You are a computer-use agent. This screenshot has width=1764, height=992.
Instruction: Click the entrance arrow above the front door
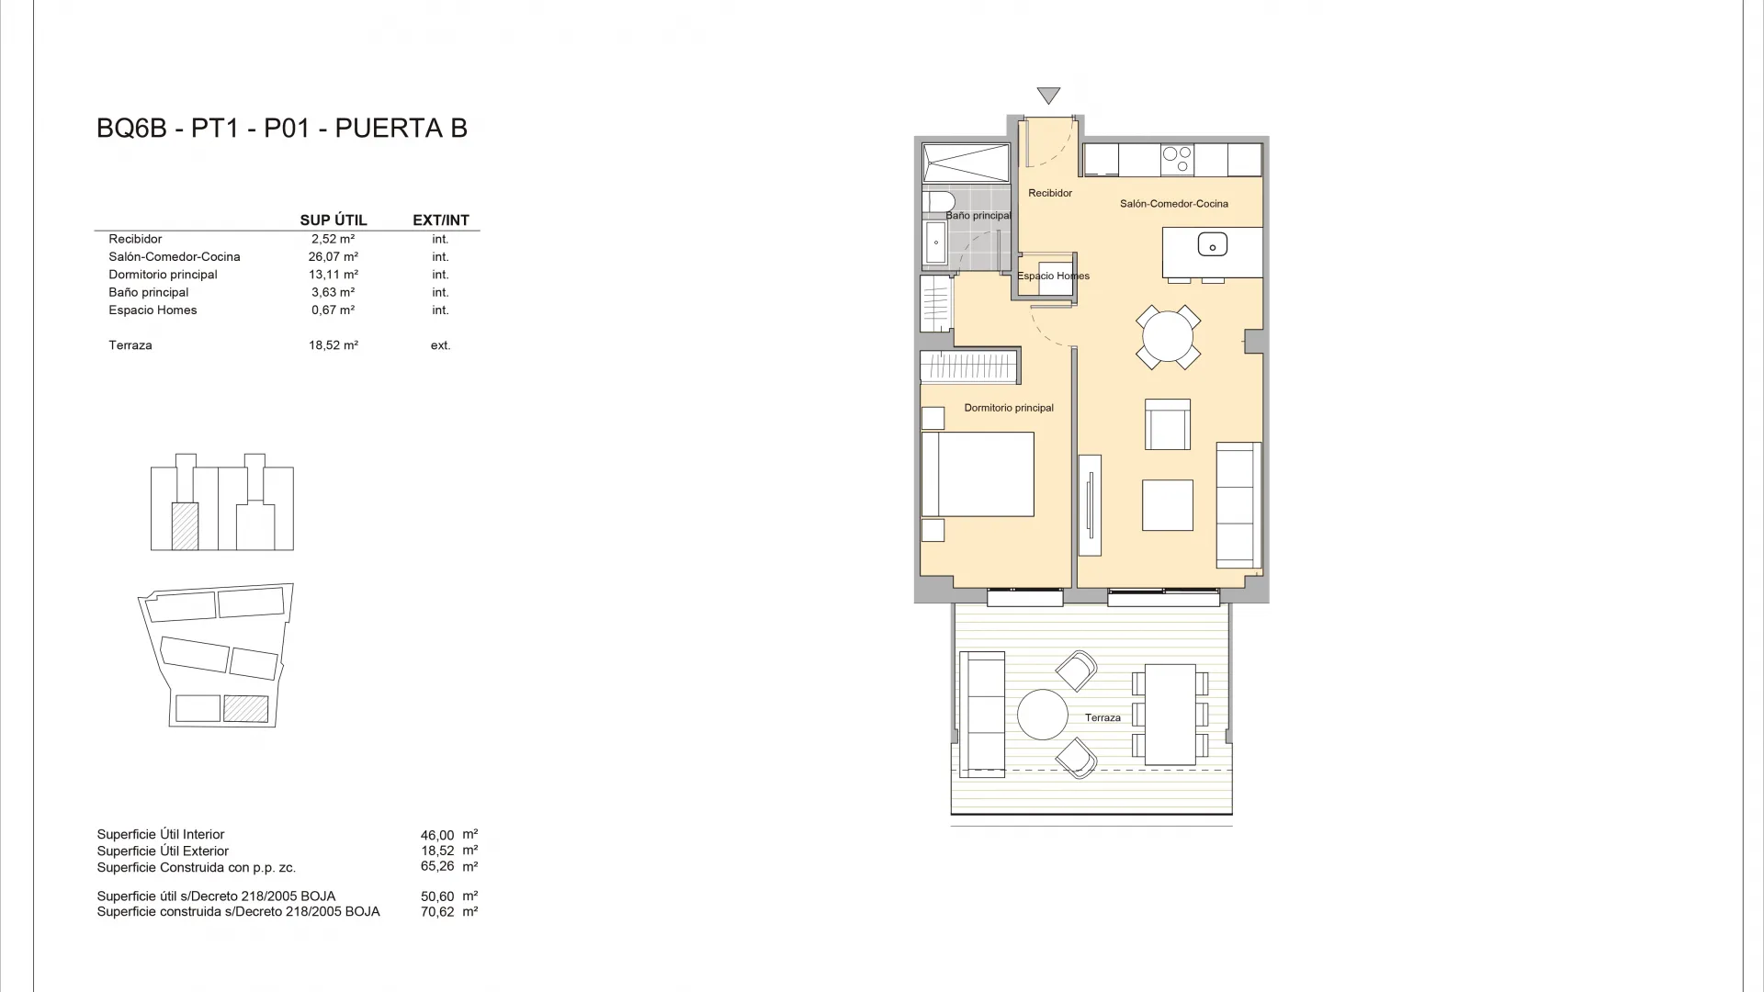coord(1048,95)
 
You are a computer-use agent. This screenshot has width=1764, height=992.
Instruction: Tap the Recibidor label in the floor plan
coord(1050,193)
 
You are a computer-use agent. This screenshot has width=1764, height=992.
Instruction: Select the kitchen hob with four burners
coord(1177,160)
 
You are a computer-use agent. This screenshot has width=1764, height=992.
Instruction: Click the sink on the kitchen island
coord(1212,245)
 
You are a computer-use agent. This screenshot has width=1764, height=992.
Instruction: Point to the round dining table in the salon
coord(1168,337)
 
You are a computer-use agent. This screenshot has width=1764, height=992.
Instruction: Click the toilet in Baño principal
coord(939,201)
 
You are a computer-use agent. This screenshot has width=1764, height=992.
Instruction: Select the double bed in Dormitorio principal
coord(978,474)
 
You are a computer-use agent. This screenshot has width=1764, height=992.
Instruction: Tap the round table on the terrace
coord(1043,714)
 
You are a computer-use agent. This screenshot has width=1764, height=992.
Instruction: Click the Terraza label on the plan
coord(1102,717)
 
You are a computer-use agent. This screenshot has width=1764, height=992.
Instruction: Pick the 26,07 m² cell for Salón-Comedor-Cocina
coord(334,257)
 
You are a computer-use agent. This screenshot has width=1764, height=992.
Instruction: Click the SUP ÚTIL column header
coord(334,220)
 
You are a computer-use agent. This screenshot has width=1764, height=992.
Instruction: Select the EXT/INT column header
coord(441,220)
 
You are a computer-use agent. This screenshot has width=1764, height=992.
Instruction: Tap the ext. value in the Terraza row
coord(440,345)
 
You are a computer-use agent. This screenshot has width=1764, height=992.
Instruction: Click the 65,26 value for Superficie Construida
coord(437,866)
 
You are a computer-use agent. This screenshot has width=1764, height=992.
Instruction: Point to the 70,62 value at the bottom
coord(437,912)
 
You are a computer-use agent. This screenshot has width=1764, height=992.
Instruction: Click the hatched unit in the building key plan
coord(185,526)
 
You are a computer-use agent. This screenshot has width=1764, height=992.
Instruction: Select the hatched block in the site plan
coord(246,708)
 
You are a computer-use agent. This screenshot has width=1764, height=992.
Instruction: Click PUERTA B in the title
coord(401,129)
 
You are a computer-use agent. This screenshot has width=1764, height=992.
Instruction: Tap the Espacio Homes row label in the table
coord(153,310)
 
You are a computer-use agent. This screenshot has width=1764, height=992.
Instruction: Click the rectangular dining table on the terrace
coord(1170,714)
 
